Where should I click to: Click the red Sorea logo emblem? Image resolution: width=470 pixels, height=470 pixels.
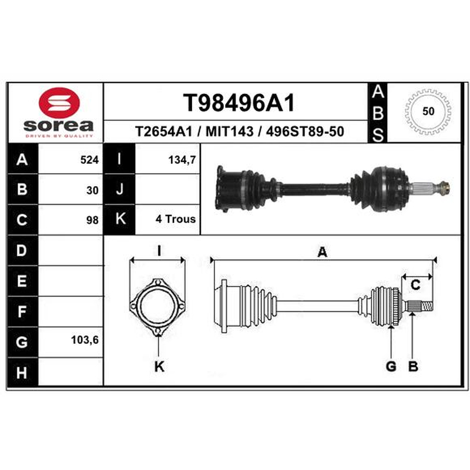click(59, 102)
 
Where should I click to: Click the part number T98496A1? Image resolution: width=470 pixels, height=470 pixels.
click(239, 102)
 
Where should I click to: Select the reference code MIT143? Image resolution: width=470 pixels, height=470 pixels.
click(229, 132)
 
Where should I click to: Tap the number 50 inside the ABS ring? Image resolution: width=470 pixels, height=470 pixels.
click(428, 111)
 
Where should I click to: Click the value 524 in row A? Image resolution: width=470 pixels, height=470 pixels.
click(89, 160)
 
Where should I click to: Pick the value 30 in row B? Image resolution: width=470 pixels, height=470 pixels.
click(92, 190)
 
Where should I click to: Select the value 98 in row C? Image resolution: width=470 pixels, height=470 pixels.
click(92, 220)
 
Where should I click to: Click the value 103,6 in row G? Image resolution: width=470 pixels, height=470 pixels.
click(85, 340)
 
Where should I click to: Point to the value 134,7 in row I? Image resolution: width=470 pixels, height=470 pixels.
click(182, 160)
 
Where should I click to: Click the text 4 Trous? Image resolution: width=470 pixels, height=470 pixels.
click(175, 219)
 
